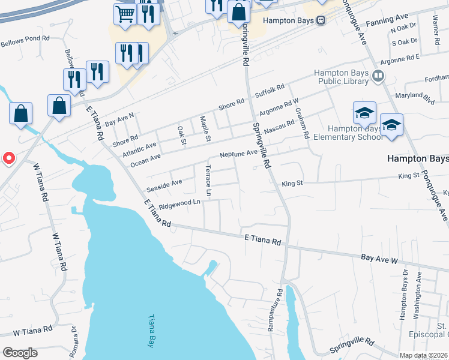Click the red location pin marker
click(9, 158)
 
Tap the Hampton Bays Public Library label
click(342, 79)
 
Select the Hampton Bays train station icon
click(321, 20)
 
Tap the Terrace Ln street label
click(208, 181)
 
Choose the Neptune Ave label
click(238, 154)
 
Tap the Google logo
click(19, 353)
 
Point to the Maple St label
click(205, 130)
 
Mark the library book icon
click(378, 76)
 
